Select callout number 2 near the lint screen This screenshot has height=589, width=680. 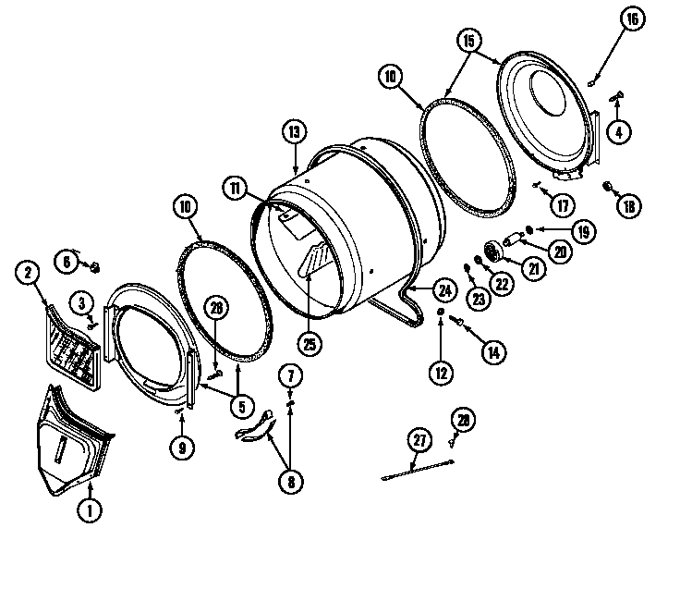(x=29, y=272)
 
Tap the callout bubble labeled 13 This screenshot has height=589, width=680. (x=294, y=133)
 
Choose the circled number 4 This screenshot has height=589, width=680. (x=618, y=131)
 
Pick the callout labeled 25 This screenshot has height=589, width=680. (x=309, y=343)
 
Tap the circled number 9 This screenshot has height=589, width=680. (x=181, y=448)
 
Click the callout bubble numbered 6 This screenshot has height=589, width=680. (x=67, y=262)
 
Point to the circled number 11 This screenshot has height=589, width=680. (x=236, y=187)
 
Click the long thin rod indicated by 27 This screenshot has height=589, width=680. (x=417, y=471)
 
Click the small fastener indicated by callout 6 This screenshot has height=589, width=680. (x=93, y=266)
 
